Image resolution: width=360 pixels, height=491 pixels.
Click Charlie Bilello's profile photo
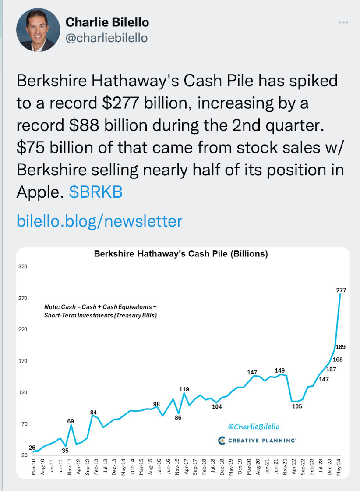(x=38, y=30)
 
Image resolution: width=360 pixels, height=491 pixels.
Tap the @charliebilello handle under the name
(x=106, y=38)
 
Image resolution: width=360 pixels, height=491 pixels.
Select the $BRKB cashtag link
(x=96, y=192)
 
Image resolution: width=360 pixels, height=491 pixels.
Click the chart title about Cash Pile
(x=181, y=254)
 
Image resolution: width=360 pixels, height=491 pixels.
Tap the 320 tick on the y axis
(x=22, y=267)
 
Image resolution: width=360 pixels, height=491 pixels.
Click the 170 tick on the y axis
(x=22, y=361)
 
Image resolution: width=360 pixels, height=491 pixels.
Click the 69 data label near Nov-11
(x=71, y=421)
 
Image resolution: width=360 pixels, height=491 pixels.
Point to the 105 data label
(x=297, y=406)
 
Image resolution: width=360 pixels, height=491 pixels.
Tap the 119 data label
(x=184, y=389)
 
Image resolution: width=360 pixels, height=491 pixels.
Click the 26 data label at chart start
(x=32, y=447)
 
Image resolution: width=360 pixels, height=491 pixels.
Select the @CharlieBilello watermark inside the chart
(x=254, y=427)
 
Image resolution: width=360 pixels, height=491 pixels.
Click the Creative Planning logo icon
(x=221, y=440)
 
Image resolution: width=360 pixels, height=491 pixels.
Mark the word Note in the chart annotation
(x=51, y=307)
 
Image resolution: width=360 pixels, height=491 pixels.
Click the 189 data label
(x=341, y=347)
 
